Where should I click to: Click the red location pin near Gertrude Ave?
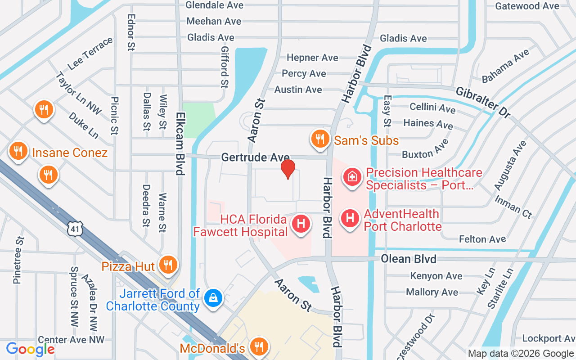click(288, 169)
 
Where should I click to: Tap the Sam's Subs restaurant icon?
click(320, 139)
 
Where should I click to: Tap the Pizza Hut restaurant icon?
click(168, 265)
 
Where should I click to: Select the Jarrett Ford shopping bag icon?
click(211, 298)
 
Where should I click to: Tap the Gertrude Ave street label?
click(255, 157)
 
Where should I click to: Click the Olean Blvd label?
click(409, 259)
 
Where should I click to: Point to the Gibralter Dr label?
click(483, 102)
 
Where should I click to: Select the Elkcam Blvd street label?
click(180, 143)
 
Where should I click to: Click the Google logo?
click(30, 349)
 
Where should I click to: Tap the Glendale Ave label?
click(215, 5)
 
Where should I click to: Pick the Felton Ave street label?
click(482, 239)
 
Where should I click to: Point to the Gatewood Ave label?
click(527, 6)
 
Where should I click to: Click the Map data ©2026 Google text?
click(521, 354)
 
